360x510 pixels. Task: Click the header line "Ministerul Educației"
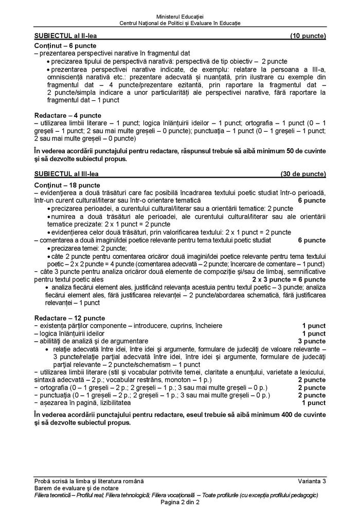pyautogui.click(x=180, y=16)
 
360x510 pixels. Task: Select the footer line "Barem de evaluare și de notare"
pyautogui.click(x=74, y=488)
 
